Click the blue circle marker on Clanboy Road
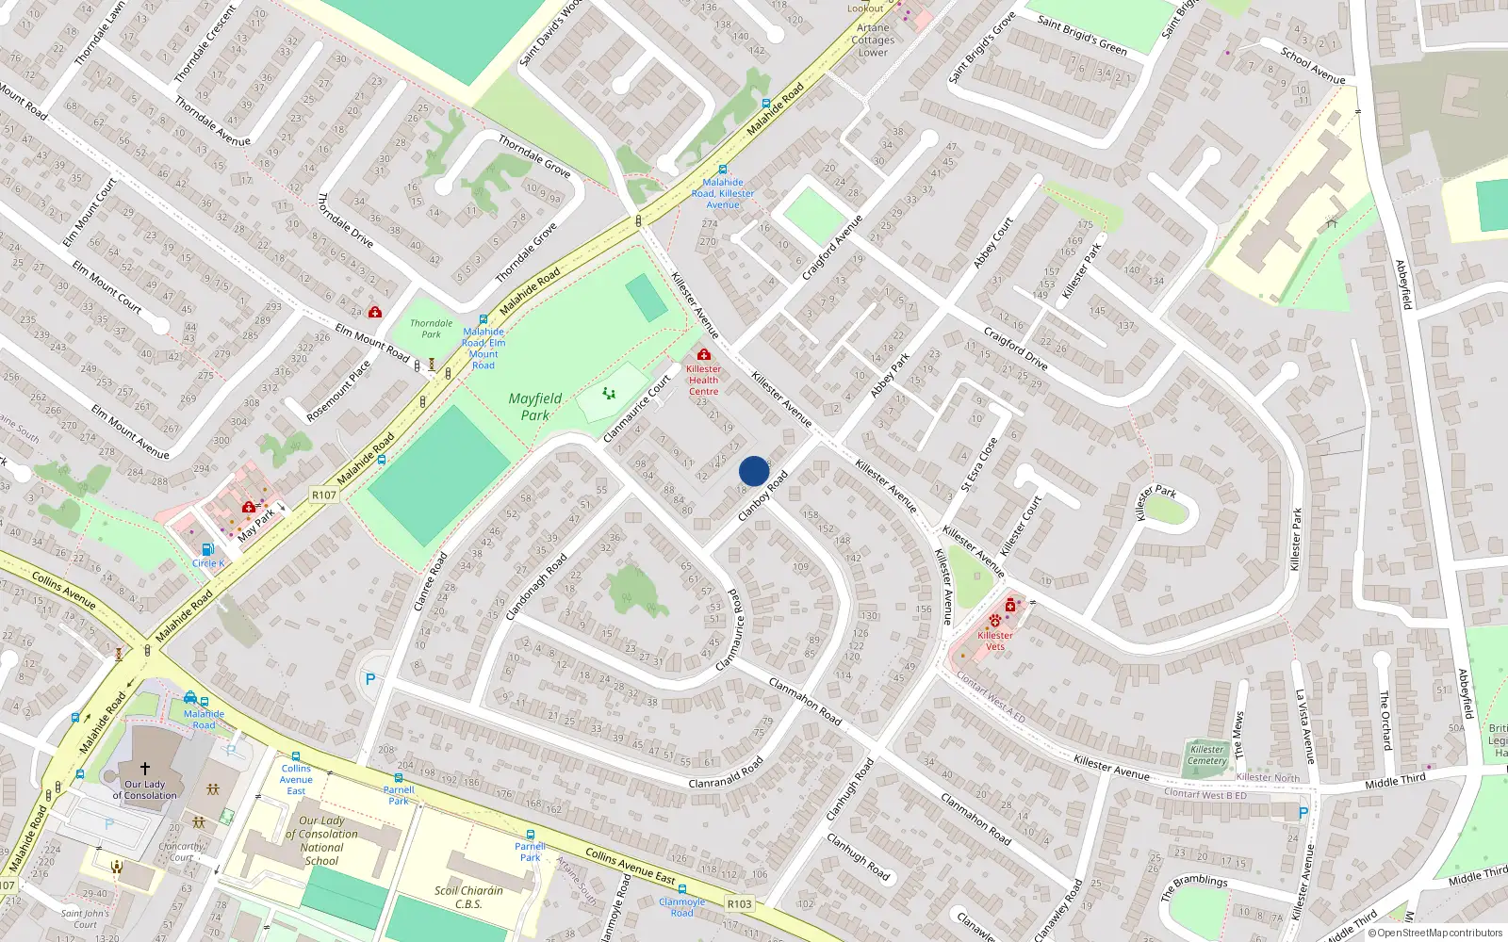[x=754, y=471]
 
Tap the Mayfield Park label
[x=535, y=407]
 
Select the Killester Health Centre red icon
[x=703, y=354]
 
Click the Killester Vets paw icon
[x=995, y=621]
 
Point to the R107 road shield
[x=323, y=495]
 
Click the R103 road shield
[x=740, y=904]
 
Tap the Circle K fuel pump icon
[x=207, y=549]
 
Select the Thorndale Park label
[x=431, y=329]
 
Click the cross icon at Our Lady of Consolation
[x=144, y=769]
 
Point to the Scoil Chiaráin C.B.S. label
[x=468, y=897]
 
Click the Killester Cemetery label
[x=1207, y=755]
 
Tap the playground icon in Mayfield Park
[x=609, y=393]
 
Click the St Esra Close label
[x=978, y=465]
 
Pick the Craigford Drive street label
[x=1015, y=349]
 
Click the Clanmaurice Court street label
[x=637, y=409]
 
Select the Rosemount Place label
[x=339, y=392]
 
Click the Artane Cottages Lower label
[x=873, y=40]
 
